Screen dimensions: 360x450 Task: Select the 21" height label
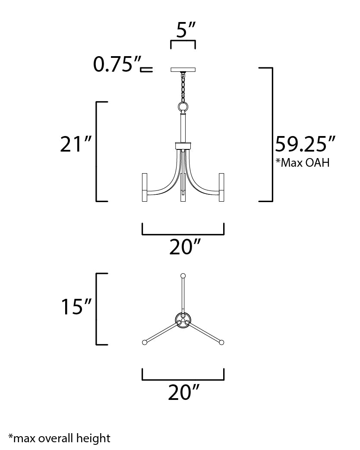point(76,144)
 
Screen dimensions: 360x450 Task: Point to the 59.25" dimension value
point(305,144)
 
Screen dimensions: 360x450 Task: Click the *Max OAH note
point(303,162)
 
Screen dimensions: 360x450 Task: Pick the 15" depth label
point(76,307)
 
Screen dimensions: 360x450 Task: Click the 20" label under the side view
point(184,247)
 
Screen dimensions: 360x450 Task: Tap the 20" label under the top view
point(183,393)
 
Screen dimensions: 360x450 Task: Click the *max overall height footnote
point(60,438)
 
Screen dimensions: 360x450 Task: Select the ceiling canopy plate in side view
point(183,70)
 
